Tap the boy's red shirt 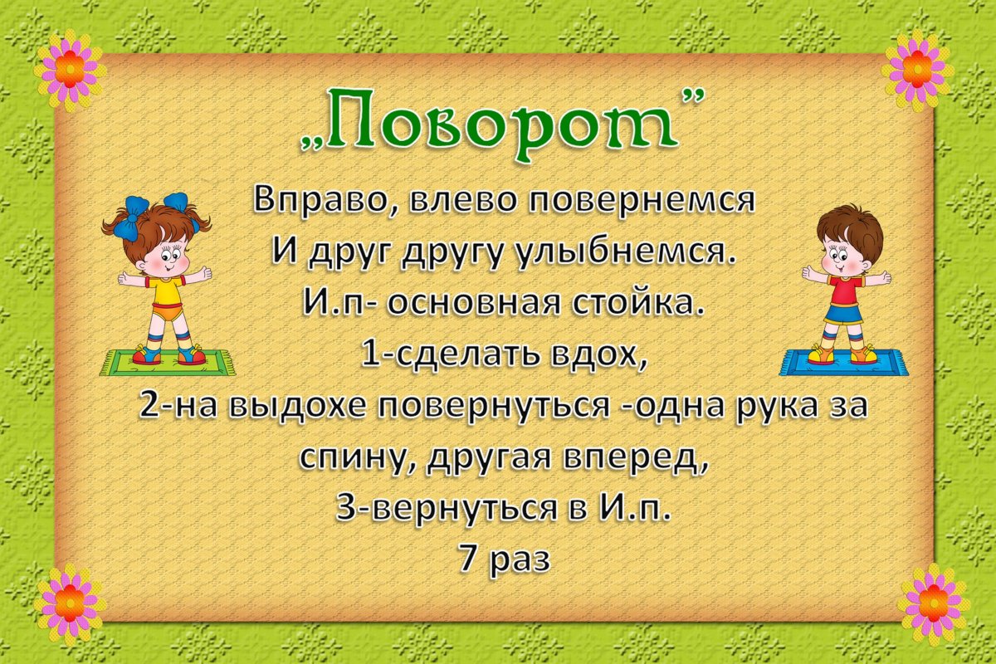click(846, 291)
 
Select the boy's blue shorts click(845, 314)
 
